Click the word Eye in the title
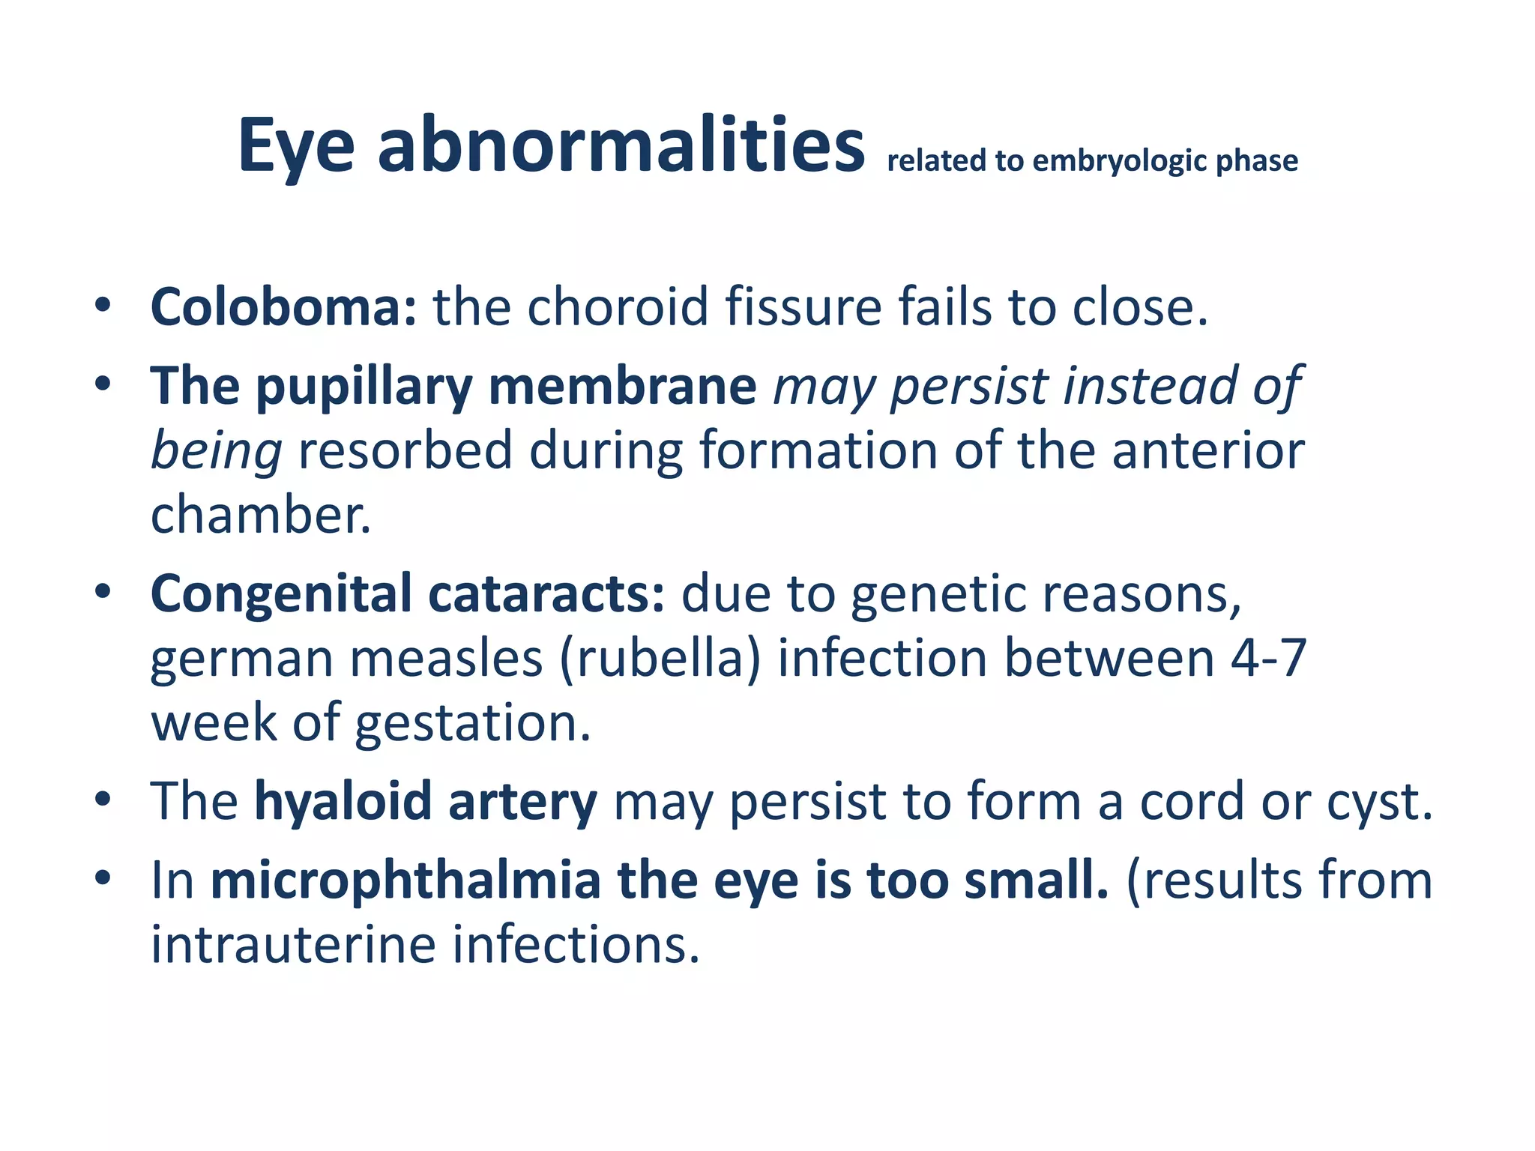pos(296,146)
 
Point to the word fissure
pos(803,307)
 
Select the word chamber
pos(260,516)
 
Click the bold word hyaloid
pos(343,802)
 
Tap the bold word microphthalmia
pos(405,880)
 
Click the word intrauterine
pos(293,944)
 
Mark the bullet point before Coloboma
pos(103,306)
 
